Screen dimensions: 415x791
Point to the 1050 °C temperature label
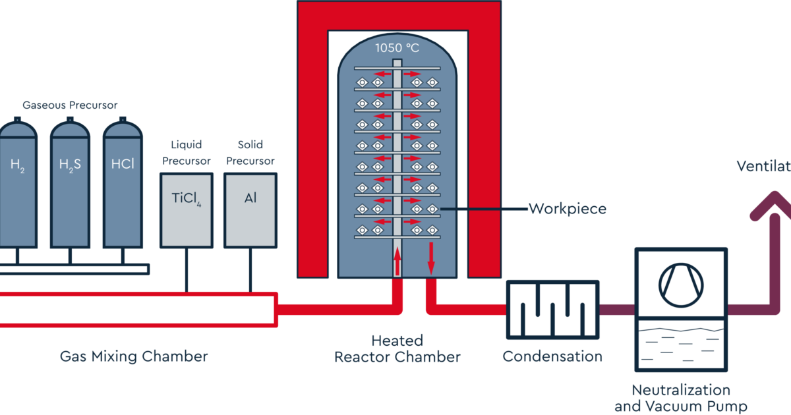click(x=396, y=47)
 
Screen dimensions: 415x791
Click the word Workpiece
click(x=567, y=209)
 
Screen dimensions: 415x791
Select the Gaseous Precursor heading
click(x=70, y=105)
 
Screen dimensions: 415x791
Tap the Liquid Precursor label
click(x=186, y=152)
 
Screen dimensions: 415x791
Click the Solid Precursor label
click(x=250, y=152)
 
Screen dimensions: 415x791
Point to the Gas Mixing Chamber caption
click(x=134, y=357)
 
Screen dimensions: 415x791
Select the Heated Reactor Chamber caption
click(x=397, y=349)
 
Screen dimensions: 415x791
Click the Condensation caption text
click(x=552, y=357)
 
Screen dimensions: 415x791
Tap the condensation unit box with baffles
click(x=552, y=308)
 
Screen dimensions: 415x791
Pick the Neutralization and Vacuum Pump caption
click(x=680, y=398)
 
